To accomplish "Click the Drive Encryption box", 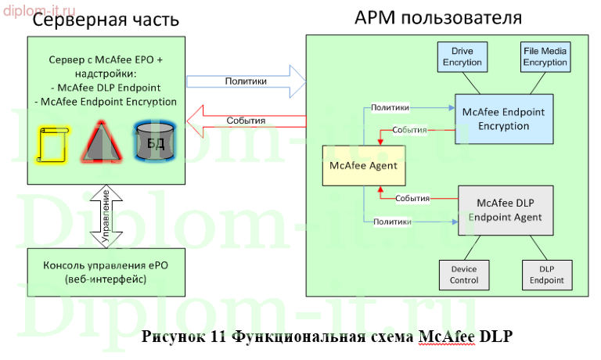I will point(463,57).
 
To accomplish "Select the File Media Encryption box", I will point(545,57).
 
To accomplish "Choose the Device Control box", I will point(463,275).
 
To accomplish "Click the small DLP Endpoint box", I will point(545,275).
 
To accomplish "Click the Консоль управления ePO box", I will point(106,272).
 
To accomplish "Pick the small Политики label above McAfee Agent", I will point(389,106).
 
